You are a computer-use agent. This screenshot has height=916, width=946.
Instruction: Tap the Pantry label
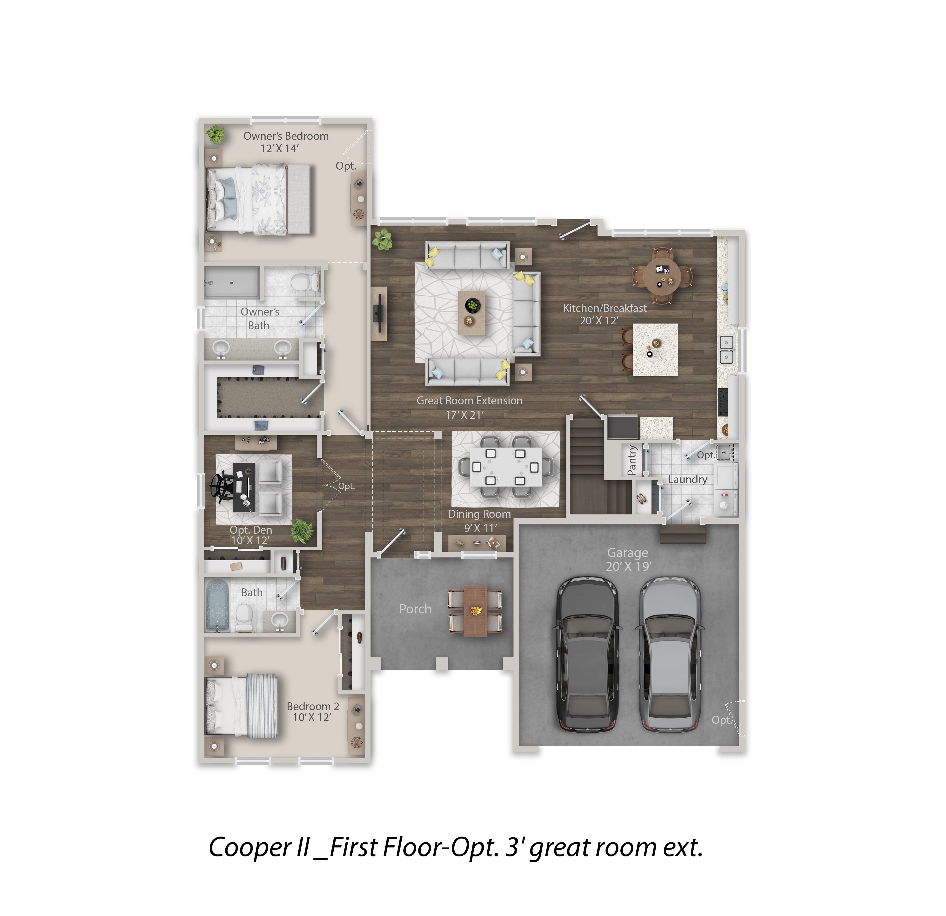coord(632,460)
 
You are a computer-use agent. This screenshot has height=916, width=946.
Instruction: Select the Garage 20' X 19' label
coord(628,559)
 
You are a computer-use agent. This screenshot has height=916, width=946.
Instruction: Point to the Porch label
coord(415,609)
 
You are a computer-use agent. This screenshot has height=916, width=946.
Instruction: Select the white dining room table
coord(505,467)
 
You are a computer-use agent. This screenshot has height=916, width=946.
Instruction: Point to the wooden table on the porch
coord(475,611)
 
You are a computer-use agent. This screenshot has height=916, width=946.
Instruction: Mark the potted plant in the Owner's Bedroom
coord(215,134)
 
